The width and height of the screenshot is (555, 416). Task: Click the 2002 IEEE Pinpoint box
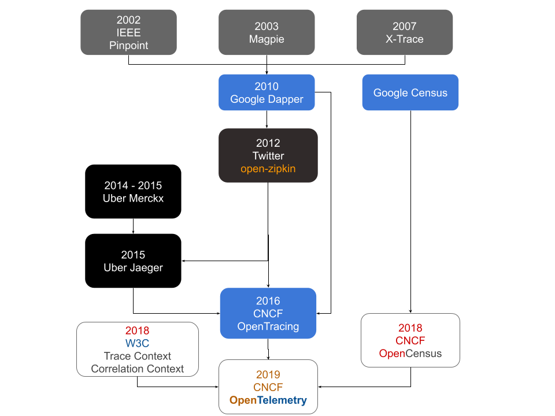click(128, 32)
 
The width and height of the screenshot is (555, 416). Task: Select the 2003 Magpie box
click(267, 32)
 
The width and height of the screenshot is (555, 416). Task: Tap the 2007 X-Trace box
click(405, 32)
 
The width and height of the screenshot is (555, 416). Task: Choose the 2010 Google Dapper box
click(267, 92)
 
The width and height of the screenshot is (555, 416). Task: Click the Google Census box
click(410, 92)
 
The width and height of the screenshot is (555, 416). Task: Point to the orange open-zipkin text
click(268, 169)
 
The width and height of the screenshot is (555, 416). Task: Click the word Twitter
click(268, 156)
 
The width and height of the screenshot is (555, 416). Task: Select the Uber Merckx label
click(133, 199)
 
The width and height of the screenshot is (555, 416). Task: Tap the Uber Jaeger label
click(133, 268)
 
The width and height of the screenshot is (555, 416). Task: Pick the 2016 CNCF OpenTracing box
click(268, 313)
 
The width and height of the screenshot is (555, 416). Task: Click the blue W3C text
click(138, 344)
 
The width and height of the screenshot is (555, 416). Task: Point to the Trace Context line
click(138, 356)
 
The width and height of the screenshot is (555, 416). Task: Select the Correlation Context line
click(138, 369)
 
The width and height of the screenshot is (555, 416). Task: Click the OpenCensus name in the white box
click(410, 354)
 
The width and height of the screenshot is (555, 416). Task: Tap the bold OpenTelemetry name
click(268, 400)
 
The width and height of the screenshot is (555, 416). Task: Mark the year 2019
click(268, 374)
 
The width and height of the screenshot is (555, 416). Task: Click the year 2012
click(268, 143)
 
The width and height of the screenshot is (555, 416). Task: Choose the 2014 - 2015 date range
click(133, 186)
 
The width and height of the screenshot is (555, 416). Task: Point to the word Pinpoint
click(128, 46)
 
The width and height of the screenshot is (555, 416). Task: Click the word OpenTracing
click(268, 326)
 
